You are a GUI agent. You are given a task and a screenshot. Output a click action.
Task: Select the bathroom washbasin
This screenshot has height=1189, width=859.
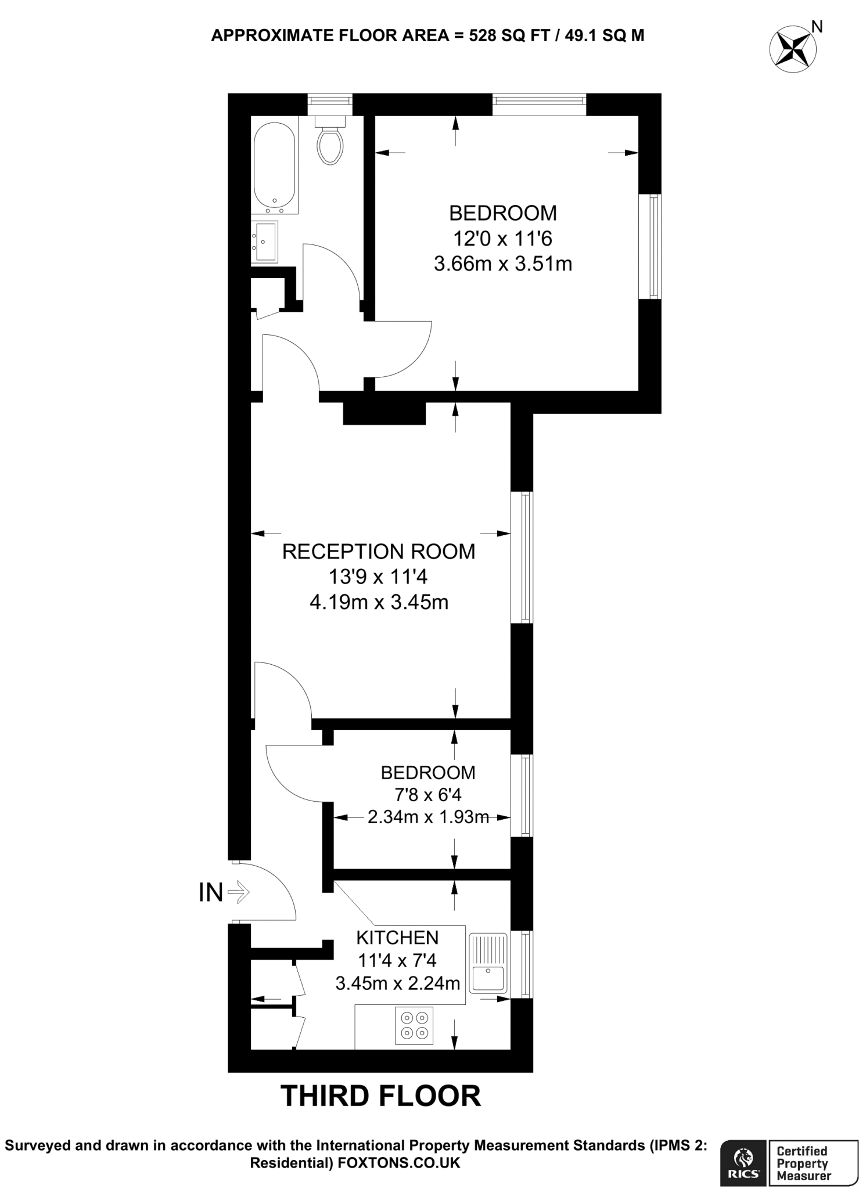tap(264, 242)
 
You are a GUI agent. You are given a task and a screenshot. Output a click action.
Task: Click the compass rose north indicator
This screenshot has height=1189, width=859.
tap(793, 49)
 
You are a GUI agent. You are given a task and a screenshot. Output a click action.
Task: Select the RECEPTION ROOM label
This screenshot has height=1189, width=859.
tap(379, 552)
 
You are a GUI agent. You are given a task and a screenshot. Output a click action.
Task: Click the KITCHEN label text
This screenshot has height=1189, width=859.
tap(397, 937)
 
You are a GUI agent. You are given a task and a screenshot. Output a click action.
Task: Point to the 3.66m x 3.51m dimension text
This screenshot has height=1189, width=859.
tap(503, 264)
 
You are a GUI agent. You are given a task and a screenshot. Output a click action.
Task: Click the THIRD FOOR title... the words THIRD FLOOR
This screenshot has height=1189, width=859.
tap(381, 1096)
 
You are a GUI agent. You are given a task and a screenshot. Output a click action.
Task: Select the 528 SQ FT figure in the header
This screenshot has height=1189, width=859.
tap(501, 36)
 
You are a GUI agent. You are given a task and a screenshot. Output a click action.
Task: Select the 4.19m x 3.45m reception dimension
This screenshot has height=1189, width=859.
tap(379, 603)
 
